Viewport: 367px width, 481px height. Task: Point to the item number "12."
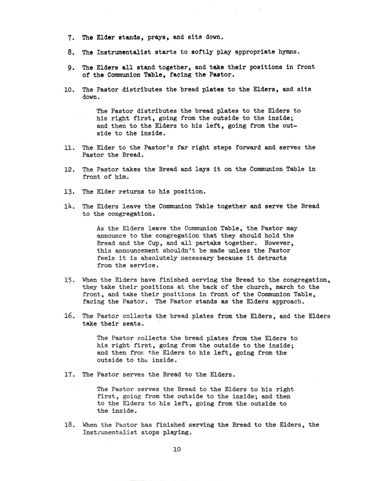point(70,169)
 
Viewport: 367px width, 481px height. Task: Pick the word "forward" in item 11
point(239,147)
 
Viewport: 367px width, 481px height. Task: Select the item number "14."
point(70,206)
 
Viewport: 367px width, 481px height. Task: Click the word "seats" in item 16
point(133,323)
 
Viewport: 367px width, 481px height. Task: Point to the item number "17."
point(70,374)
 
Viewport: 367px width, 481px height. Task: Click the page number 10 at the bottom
point(177,449)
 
